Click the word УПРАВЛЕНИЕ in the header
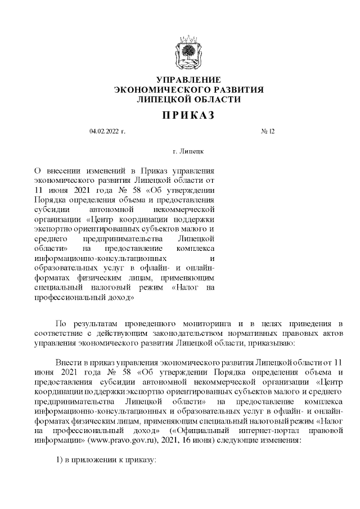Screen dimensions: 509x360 (188, 80)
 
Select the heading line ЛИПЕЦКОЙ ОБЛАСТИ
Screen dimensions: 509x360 (188, 99)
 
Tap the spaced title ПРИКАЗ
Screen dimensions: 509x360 (188, 115)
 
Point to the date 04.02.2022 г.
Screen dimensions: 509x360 (107, 131)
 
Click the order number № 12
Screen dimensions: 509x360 (268, 131)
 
